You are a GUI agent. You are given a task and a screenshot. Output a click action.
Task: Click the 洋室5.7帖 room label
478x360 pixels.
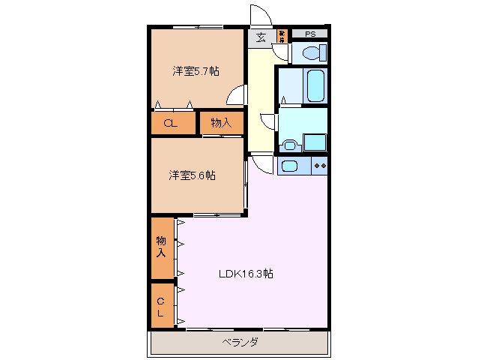pos(196,71)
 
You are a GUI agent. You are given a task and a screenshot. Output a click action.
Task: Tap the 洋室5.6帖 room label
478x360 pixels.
pos(193,175)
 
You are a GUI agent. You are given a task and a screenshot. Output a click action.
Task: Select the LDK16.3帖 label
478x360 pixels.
pos(246,274)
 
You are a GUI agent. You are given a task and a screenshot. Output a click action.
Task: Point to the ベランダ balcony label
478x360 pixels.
pos(240,343)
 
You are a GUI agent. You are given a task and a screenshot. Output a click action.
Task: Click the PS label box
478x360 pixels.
pos(309,34)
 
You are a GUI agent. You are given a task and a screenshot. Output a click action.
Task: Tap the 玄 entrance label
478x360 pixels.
pos(261,37)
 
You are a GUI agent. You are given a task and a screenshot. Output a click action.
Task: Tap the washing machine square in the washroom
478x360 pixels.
pos(315,142)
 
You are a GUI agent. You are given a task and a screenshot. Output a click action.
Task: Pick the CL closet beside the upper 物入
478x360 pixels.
pos(171,124)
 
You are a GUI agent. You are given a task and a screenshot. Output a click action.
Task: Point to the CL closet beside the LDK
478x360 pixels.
pos(161,305)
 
